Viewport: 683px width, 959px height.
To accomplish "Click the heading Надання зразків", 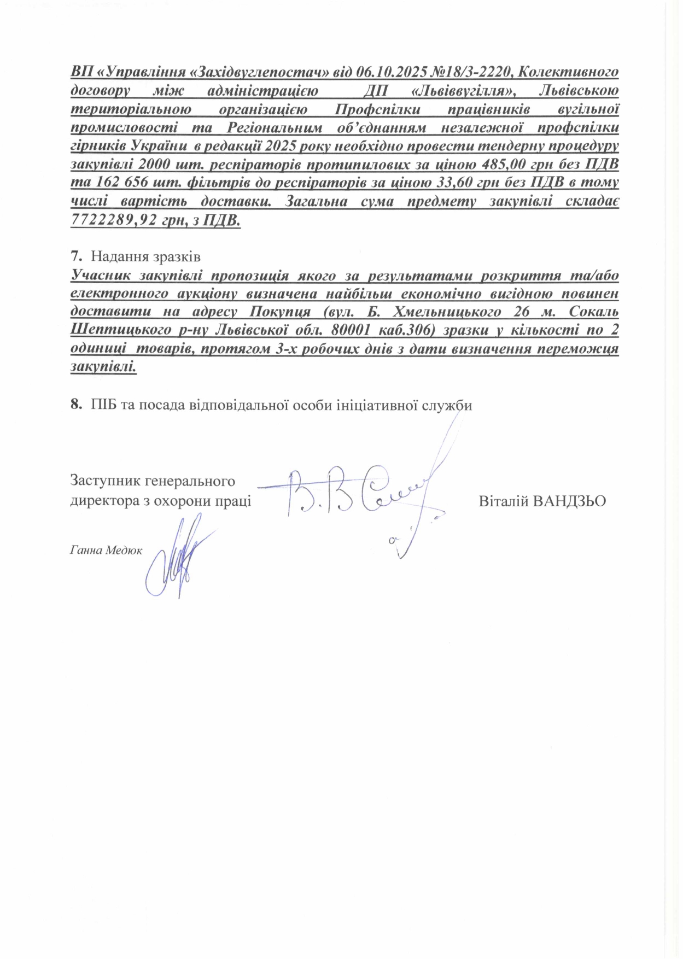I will click(146, 256).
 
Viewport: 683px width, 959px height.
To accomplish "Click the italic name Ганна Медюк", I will click(106, 551).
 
